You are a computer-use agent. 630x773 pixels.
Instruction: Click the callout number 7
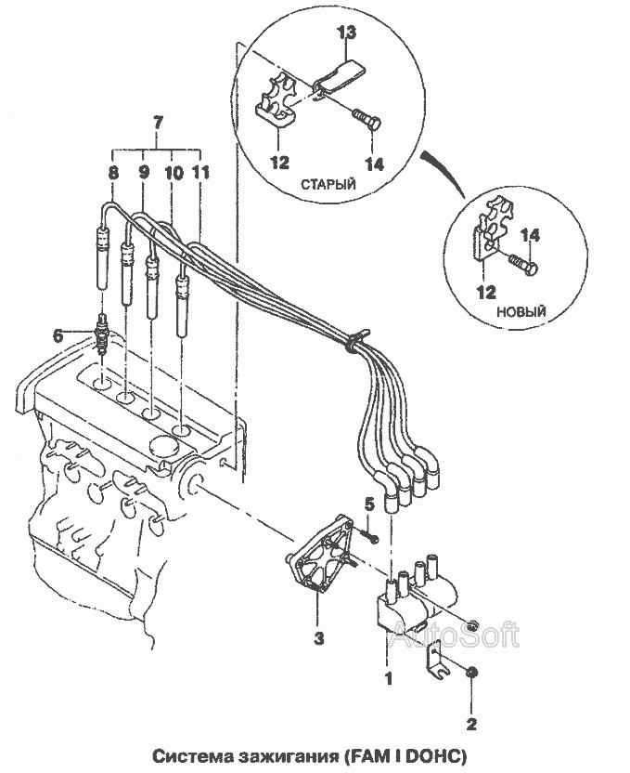pyautogui.click(x=158, y=123)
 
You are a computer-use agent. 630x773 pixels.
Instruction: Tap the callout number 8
pyautogui.click(x=113, y=172)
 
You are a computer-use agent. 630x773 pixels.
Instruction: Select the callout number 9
pyautogui.click(x=144, y=172)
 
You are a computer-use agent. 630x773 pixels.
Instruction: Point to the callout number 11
pyautogui.click(x=201, y=172)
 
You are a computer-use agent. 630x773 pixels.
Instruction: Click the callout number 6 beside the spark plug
pyautogui.click(x=58, y=336)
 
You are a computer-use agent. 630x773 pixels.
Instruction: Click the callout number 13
pyautogui.click(x=346, y=33)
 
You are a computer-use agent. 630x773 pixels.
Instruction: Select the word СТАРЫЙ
pyautogui.click(x=328, y=185)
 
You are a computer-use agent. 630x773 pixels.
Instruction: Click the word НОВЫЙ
pyautogui.click(x=521, y=310)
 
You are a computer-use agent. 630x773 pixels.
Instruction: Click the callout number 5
pyautogui.click(x=368, y=504)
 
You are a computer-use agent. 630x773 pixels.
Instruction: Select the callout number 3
pyautogui.click(x=318, y=638)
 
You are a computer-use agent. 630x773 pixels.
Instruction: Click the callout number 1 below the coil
pyautogui.click(x=390, y=678)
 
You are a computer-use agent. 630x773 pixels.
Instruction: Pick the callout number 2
pyautogui.click(x=470, y=722)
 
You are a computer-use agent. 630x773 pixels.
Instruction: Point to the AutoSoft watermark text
pyautogui.click(x=454, y=635)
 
